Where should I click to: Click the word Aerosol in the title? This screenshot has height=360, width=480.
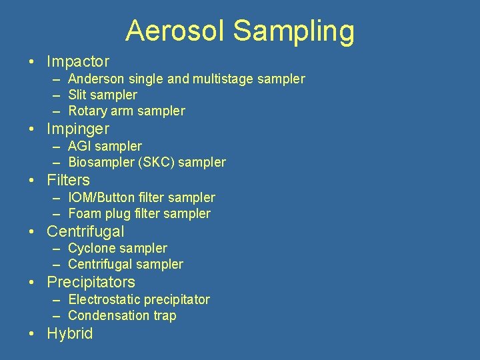click(x=175, y=31)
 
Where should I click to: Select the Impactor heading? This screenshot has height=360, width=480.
click(x=77, y=62)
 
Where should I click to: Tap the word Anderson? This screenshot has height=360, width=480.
click(x=95, y=79)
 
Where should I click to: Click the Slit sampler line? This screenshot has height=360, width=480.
click(x=103, y=95)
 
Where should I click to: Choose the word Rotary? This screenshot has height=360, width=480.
click(x=89, y=111)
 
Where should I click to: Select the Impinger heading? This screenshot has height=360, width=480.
click(x=77, y=129)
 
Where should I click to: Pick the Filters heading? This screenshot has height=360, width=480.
click(x=68, y=180)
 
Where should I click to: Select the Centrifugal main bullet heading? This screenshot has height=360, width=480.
click(x=85, y=231)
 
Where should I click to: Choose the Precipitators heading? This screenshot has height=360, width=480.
click(x=91, y=282)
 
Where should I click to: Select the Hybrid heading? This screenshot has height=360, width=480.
click(x=69, y=333)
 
